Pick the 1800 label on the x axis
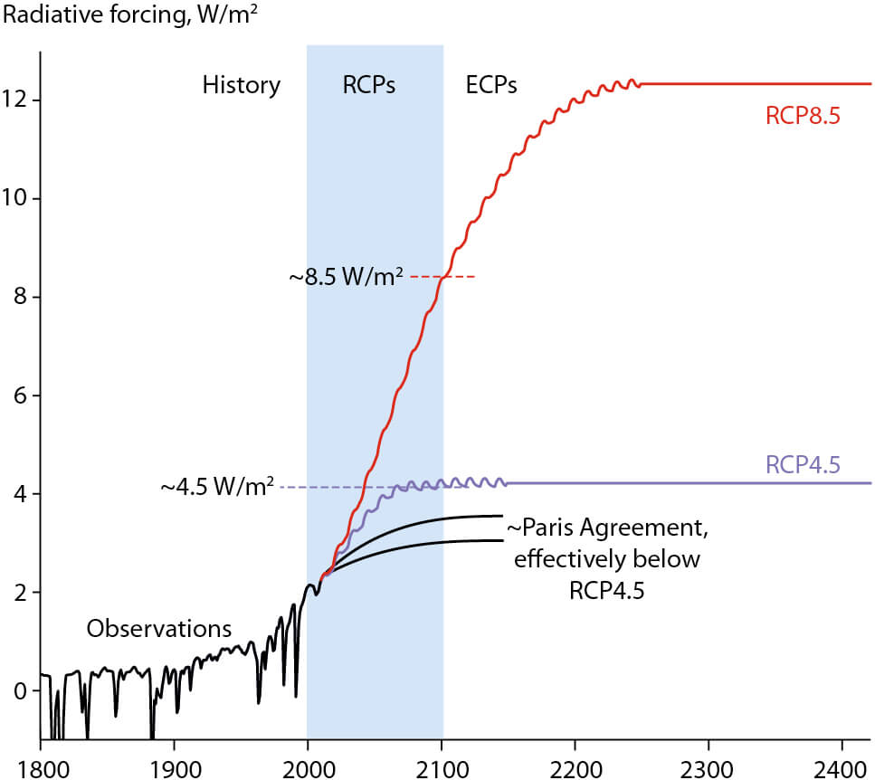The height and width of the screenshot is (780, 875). point(41,764)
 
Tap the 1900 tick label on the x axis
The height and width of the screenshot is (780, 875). point(174,764)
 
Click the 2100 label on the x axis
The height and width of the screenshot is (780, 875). point(442,764)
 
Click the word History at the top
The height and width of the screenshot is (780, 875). point(242,86)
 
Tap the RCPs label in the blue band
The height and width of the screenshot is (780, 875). point(369,86)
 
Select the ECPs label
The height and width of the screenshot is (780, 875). point(491,86)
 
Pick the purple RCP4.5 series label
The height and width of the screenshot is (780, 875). point(804,466)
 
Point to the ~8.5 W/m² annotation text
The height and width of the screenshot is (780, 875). point(347,278)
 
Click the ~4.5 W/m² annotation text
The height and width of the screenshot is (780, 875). point(218,488)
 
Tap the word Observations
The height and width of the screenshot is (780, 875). point(159,628)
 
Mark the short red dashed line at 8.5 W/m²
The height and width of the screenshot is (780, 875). point(443,276)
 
